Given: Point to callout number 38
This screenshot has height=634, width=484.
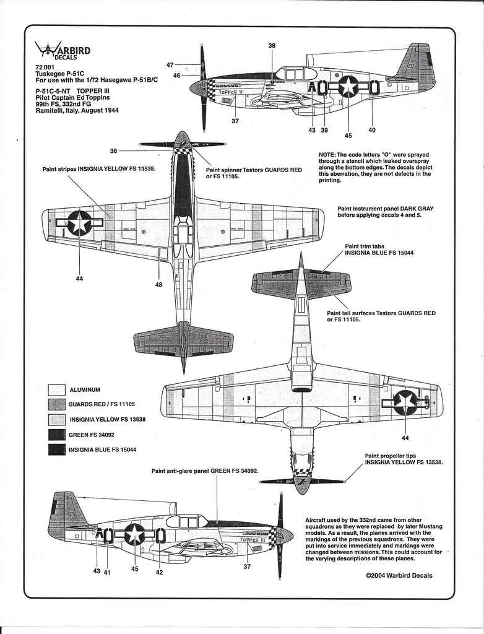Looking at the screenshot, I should coord(272,46).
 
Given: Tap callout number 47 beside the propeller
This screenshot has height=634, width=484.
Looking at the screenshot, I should coord(170,64).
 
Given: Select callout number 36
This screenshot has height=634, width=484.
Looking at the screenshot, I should coord(113,150).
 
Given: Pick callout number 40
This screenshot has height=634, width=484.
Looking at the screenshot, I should coord(371,130).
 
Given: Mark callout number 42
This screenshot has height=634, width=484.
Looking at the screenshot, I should coord(159,572).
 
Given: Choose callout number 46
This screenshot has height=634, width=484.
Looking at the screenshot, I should coord(176,76).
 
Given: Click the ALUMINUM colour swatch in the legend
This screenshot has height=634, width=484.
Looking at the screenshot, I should coord(56,390).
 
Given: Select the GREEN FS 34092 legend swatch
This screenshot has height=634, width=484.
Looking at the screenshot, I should coord(56,435).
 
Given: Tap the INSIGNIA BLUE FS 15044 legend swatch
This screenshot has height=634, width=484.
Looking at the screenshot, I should coord(56,449).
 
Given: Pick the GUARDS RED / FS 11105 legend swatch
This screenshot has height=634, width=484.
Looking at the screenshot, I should coord(56,405).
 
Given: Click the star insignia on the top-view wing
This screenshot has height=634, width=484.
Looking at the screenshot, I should coord(79,223).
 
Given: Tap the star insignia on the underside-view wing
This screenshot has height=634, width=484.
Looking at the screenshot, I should coord(405,402).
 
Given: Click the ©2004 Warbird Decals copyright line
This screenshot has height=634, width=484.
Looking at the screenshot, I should coord(399,575).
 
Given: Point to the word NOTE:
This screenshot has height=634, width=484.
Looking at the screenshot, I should coord(327,154).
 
